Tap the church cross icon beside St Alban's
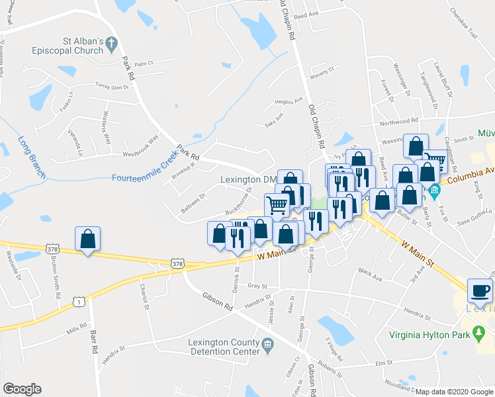tap(112, 44)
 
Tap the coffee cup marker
tap(480, 290)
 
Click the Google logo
tap(22, 389)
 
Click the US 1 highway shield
tap(78, 301)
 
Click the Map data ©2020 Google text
tap(454, 392)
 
